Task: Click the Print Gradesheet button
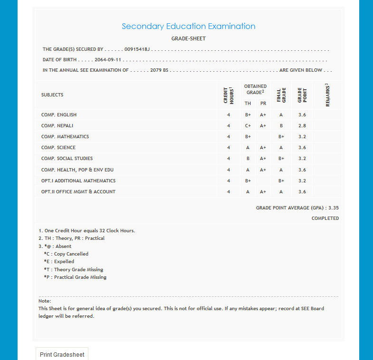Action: point(62,354)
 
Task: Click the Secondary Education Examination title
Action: point(188,27)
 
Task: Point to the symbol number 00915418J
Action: point(137,49)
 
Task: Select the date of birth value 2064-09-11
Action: point(108,60)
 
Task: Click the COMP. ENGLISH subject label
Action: point(59,115)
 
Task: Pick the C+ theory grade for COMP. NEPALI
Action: point(248,126)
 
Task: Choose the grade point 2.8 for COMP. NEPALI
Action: point(302,126)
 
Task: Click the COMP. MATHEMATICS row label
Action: point(65,137)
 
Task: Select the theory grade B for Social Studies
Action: point(248,159)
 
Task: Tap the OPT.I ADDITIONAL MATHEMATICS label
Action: point(78,181)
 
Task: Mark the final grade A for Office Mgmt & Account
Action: point(281,192)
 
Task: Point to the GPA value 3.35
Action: point(333,208)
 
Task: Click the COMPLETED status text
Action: point(325,218)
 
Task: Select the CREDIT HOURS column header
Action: point(229,95)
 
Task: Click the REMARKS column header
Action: point(328,95)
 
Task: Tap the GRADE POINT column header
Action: point(302,95)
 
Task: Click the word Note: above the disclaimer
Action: point(45,301)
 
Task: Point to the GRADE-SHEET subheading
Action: point(188,38)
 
